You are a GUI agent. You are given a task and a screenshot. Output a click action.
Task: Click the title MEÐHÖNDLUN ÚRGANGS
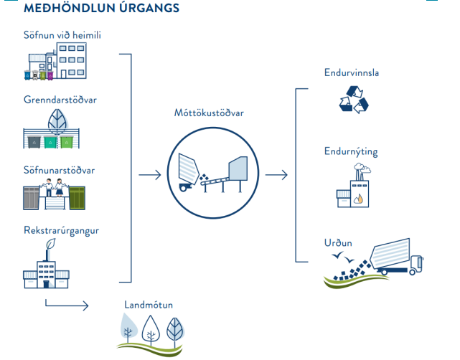[x=101, y=9]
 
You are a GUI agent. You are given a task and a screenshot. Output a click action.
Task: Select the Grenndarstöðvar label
[x=60, y=100]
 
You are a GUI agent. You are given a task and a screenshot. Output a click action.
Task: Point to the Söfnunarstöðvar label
[x=59, y=170]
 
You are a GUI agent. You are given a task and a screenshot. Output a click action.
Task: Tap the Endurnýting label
[x=351, y=152]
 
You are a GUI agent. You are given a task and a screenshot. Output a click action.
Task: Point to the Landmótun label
[x=149, y=305]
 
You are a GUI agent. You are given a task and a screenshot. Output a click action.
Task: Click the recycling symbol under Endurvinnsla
[x=353, y=100]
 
